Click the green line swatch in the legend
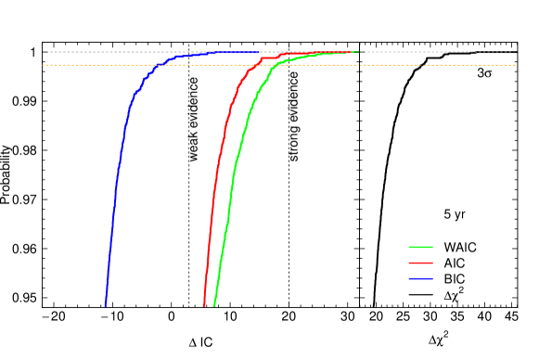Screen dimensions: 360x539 [x=420, y=247]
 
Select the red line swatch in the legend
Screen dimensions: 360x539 [x=420, y=263]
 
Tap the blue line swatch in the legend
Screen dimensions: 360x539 [x=420, y=278]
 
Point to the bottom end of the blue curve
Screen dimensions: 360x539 [x=106, y=305]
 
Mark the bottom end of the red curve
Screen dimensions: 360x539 [x=204, y=305]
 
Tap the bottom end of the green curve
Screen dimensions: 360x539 [x=214, y=305]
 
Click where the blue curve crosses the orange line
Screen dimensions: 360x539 [x=158, y=66]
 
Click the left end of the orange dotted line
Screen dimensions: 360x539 [x=44, y=66]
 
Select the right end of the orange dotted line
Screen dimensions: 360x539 [x=515, y=66]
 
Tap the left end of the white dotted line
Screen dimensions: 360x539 [x=48, y=52]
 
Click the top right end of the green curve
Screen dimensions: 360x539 [x=357, y=53]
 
